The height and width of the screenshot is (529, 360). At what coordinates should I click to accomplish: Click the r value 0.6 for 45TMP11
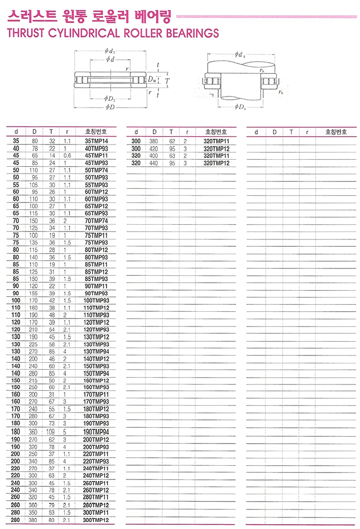[67, 156]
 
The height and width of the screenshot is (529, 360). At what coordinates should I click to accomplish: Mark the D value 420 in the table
[154, 149]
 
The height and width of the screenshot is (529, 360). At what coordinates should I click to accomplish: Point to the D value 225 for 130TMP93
[34, 344]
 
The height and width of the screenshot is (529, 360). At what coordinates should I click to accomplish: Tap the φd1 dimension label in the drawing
[110, 51]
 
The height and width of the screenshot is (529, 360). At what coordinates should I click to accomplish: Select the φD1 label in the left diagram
[110, 99]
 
